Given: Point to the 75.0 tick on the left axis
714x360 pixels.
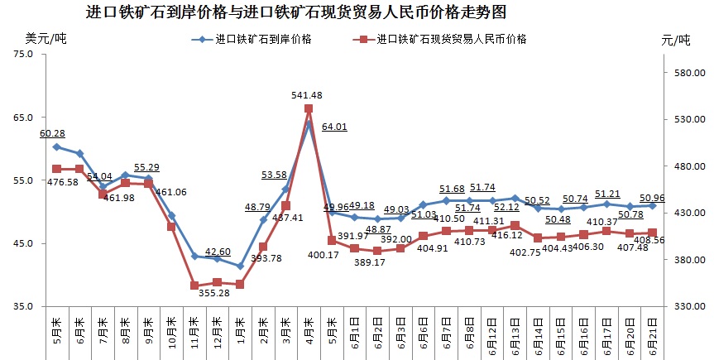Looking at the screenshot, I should [24, 55].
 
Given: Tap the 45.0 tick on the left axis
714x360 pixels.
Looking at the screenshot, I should [24, 243].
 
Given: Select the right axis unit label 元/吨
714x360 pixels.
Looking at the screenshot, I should [675, 40].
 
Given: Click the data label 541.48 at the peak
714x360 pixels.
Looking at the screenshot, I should [307, 95].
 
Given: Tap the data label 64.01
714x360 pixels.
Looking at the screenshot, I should [334, 127].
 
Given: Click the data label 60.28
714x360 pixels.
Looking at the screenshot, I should [52, 133].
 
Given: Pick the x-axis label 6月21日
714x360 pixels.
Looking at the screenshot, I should [653, 334].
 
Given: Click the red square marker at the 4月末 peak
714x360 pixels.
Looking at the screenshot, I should [308, 108].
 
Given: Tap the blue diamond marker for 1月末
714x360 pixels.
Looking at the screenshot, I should [239, 266].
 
